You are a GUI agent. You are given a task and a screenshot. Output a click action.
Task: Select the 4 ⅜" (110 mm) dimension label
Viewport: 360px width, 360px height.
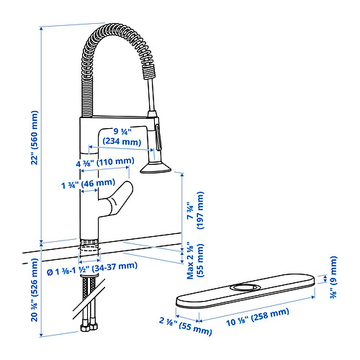103,161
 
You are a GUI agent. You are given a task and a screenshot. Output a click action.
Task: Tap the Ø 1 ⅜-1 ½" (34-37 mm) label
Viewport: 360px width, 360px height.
91,266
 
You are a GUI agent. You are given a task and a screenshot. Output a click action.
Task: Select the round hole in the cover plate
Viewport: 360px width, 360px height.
246,287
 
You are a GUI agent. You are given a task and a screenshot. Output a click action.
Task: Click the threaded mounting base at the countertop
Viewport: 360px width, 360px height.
89,246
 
